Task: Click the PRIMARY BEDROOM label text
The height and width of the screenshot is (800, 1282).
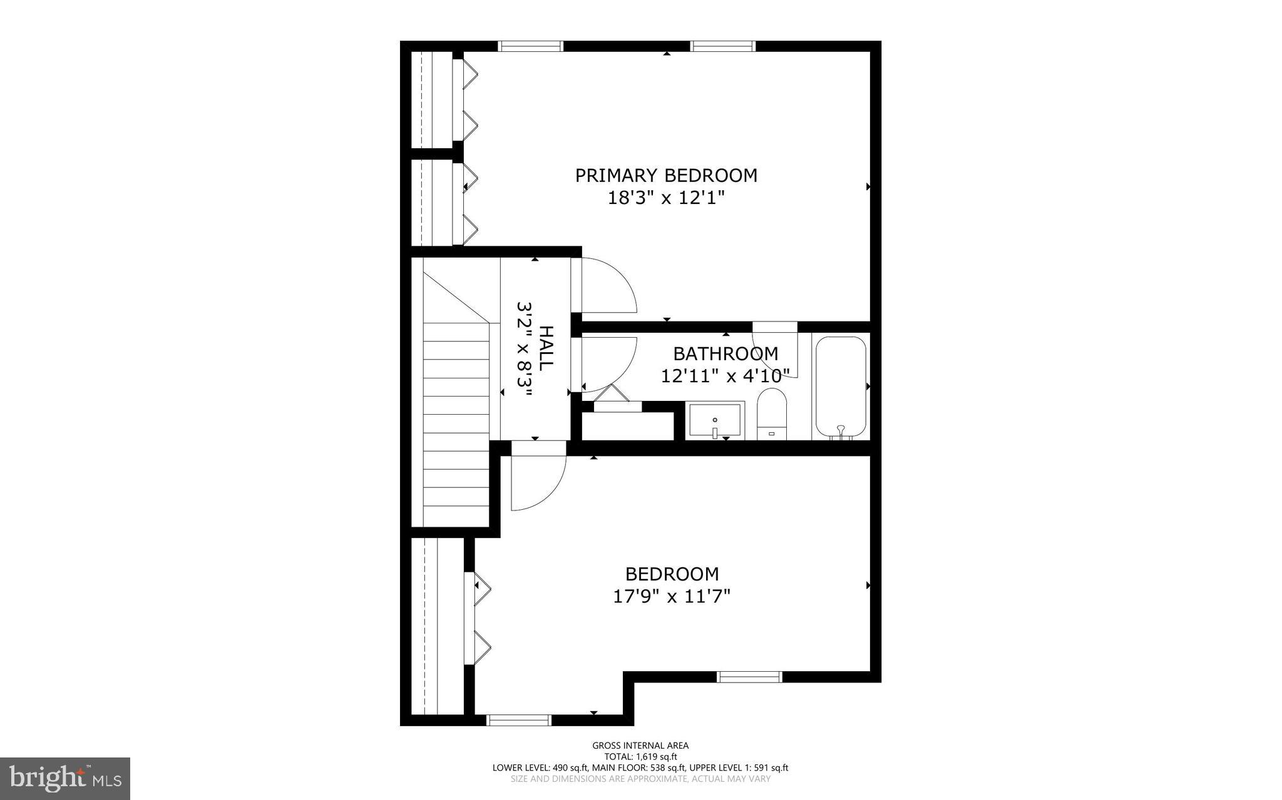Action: [x=666, y=176]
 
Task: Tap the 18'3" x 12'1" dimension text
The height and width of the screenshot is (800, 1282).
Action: [x=666, y=198]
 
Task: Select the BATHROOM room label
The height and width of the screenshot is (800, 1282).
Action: [x=726, y=354]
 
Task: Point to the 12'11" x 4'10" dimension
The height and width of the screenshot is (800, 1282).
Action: [x=726, y=376]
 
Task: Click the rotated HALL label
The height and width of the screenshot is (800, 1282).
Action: [x=546, y=347]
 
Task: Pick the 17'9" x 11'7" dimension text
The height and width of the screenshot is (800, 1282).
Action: [x=672, y=597]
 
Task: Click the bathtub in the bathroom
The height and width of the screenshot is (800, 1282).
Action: [x=841, y=387]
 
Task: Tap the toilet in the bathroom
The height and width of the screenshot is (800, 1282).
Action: [x=771, y=413]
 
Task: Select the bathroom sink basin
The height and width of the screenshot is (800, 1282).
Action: [x=714, y=420]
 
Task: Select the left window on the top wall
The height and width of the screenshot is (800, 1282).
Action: [x=531, y=46]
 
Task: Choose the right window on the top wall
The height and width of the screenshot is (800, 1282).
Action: [x=723, y=46]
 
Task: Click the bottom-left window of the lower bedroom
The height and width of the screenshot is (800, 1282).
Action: [x=519, y=720]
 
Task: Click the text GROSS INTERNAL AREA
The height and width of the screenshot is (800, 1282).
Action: [x=640, y=746]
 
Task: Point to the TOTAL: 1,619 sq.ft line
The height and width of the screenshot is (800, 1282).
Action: [x=640, y=756]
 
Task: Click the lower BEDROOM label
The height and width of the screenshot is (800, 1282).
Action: [x=672, y=574]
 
